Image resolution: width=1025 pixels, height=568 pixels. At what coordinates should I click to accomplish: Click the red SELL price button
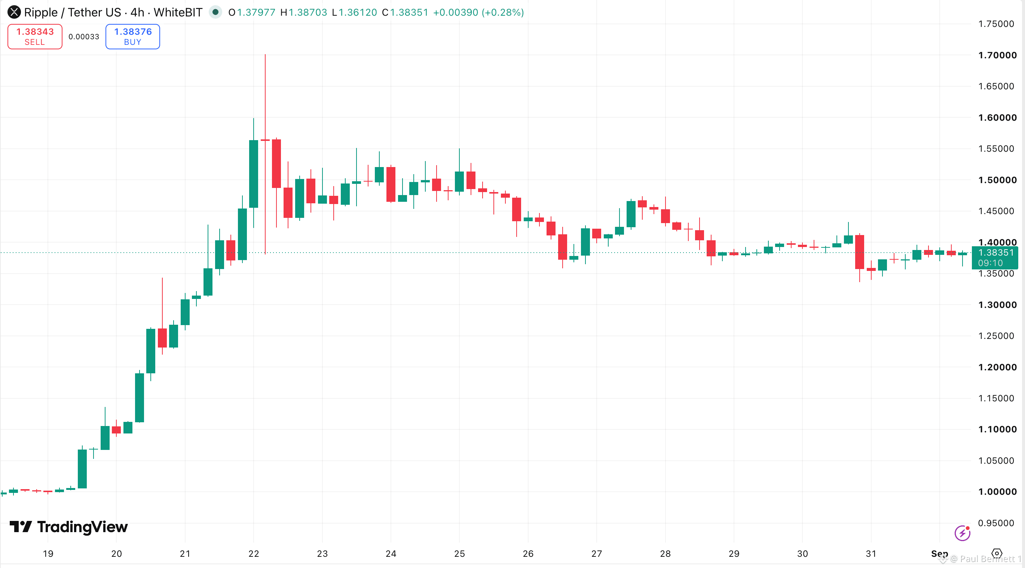[x=35, y=37]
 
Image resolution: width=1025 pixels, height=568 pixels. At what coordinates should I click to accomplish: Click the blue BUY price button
[x=133, y=37]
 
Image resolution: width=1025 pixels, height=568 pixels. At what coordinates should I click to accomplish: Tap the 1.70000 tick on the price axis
[x=997, y=55]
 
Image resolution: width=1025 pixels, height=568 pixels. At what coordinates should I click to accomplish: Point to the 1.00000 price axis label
[x=997, y=492]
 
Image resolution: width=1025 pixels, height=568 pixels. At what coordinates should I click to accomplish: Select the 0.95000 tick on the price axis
[x=996, y=523]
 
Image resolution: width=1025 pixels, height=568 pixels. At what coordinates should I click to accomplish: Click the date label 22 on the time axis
[x=254, y=554]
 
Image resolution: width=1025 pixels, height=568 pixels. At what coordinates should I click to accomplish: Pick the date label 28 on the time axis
[x=665, y=554]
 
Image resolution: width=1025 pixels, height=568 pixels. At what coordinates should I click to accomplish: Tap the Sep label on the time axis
[x=939, y=554]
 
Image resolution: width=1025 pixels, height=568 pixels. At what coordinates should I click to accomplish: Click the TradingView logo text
[x=82, y=527]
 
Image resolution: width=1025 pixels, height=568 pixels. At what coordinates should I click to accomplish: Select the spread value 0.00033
[x=83, y=37]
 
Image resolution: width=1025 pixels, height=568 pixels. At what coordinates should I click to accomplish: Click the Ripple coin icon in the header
[x=14, y=12]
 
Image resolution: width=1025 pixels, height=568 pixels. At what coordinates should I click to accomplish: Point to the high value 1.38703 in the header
[x=307, y=12]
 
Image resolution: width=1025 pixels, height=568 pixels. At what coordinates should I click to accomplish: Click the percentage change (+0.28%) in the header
[x=502, y=12]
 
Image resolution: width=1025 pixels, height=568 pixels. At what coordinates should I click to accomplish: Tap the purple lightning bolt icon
[x=962, y=533]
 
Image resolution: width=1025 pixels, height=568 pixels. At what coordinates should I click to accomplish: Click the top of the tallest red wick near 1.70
[x=265, y=55]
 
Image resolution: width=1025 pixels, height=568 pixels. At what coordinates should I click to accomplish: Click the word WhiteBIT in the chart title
[x=178, y=12]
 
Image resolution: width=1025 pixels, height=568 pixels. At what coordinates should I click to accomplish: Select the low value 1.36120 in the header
[x=358, y=12]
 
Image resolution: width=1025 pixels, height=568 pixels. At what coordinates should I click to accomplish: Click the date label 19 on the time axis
[x=48, y=554]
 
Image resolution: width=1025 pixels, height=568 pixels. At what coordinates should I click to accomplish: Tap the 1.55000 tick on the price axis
[x=996, y=149]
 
